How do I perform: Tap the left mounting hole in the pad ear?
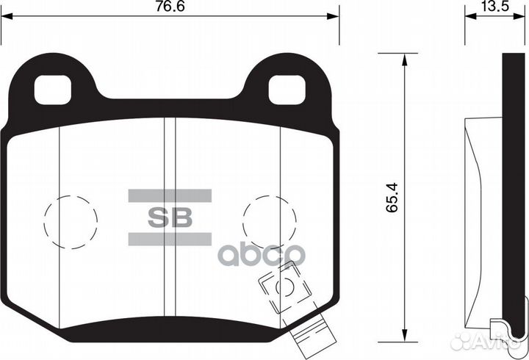54,90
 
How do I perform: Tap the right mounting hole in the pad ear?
285,90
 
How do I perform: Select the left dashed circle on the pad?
71,218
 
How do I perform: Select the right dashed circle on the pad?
269,218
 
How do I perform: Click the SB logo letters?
170,217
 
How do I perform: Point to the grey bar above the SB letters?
170,195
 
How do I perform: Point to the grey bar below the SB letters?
170,240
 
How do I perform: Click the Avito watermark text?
499,339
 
